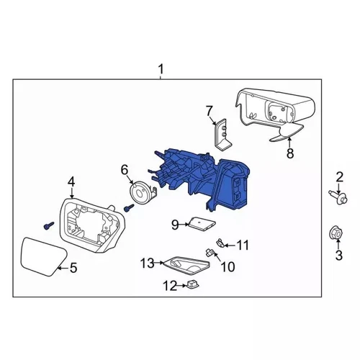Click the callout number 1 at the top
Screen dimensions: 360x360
coord(161,69)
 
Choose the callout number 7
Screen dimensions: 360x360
coord(210,110)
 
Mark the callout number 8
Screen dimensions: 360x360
coord(290,153)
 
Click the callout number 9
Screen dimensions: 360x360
coord(174,225)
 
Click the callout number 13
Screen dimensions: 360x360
coord(148,263)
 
